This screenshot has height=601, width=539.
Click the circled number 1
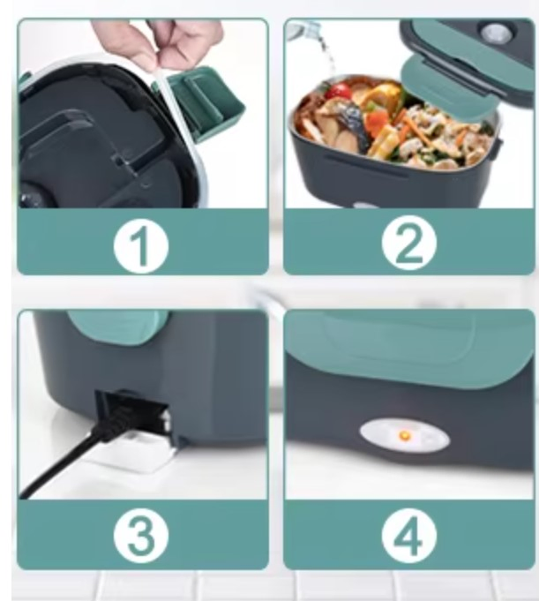(141, 246)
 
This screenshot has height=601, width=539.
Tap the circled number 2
(409, 243)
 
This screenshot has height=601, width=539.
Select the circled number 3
(141, 536)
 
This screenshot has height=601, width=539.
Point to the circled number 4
(409, 535)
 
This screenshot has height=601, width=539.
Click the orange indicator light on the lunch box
(404, 436)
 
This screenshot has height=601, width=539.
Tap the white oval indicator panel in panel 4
(405, 437)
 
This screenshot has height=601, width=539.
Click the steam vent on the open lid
(497, 34)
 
